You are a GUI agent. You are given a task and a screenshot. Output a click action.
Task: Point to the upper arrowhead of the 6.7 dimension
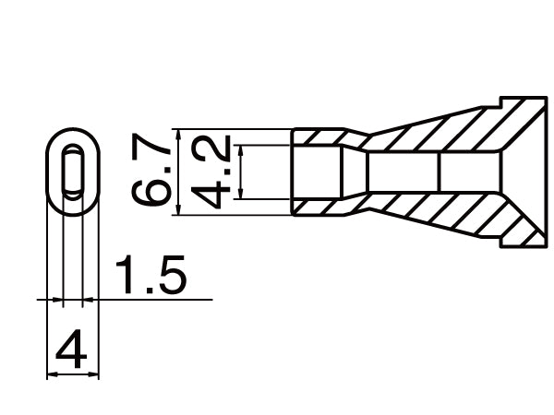(182, 133)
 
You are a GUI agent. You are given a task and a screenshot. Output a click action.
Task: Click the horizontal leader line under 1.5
(157, 300)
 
